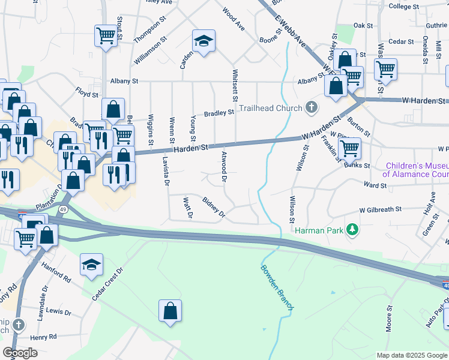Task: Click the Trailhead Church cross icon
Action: point(311,108)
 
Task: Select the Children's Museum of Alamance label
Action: point(415,170)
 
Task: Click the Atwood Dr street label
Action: point(224,166)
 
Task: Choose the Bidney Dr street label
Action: point(213,206)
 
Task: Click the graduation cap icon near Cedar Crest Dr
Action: point(91,264)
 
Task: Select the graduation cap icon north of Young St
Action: point(203,41)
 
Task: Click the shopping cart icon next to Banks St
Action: point(349,147)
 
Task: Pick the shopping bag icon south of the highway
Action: point(170,311)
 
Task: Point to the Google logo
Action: point(20,353)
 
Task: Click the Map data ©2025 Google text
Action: point(412,355)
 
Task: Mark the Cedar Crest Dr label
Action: point(107,284)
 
